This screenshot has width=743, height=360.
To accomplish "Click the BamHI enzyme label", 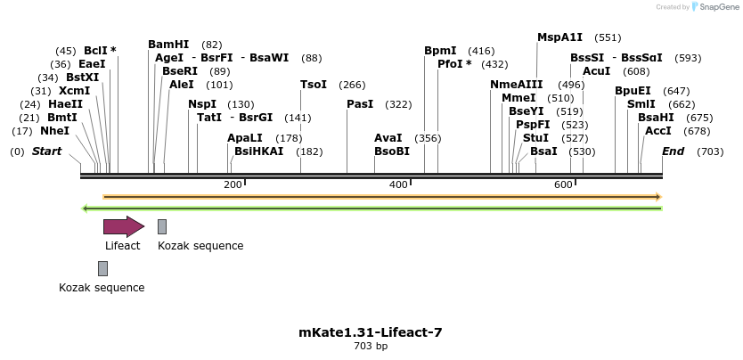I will [x=168, y=45].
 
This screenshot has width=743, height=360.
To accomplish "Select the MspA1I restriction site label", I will [x=559, y=37].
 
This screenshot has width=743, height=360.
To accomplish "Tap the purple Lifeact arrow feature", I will [x=123, y=226].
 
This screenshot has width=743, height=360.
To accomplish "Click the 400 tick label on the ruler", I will [x=397, y=184].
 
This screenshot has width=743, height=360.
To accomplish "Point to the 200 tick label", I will [x=233, y=184].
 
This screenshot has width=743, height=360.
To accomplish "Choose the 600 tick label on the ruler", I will [x=563, y=184].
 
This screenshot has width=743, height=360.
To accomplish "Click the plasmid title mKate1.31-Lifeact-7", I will [x=371, y=332].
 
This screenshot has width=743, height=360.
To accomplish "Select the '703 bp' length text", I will [x=371, y=346].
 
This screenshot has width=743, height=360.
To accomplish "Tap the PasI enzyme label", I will [x=360, y=104].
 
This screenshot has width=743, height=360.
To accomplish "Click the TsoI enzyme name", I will [x=314, y=85].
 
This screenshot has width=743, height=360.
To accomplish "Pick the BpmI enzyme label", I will [x=440, y=51].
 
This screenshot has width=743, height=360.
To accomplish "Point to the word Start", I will [x=46, y=151].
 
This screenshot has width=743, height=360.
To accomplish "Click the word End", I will [x=673, y=151].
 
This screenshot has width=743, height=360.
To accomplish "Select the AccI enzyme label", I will [x=657, y=131].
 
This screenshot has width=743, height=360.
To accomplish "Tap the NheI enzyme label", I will [x=54, y=131].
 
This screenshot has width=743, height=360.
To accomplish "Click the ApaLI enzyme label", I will [x=245, y=138].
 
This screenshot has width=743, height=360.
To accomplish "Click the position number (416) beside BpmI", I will [x=481, y=51].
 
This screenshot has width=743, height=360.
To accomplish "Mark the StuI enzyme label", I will [x=535, y=138].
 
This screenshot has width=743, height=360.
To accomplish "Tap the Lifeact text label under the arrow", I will [x=122, y=246].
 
